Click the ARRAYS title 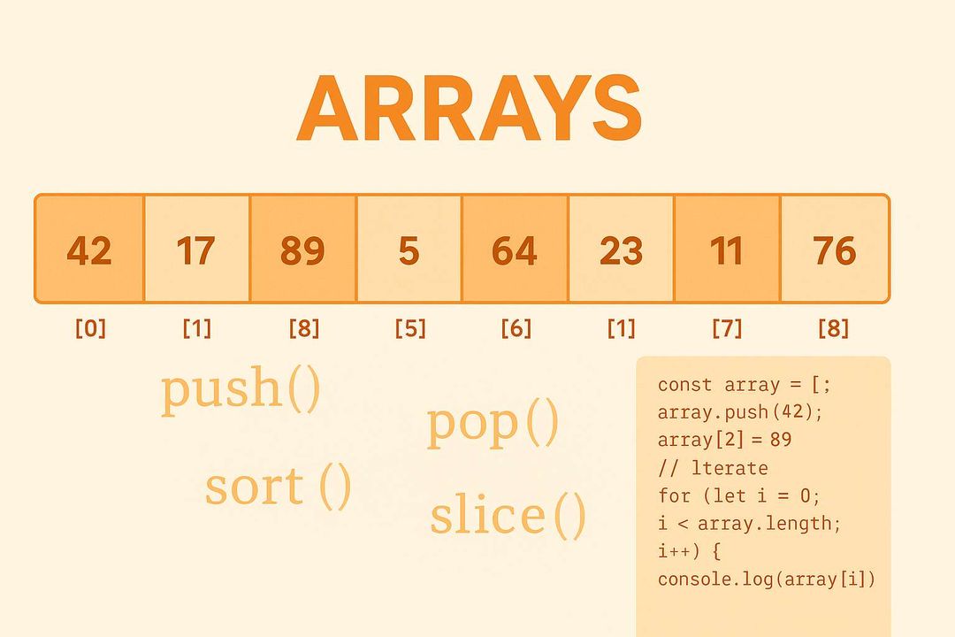(469, 108)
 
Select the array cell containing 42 (89, 250)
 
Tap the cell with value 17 (196, 250)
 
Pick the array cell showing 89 (302, 250)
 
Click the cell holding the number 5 (409, 250)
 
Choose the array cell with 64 (515, 250)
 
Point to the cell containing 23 (621, 250)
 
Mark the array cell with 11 (727, 250)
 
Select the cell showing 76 (834, 250)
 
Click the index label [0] (89, 329)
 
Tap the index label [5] (409, 329)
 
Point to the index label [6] (516, 329)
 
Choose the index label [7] (727, 329)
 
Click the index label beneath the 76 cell (833, 329)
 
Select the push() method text (241, 390)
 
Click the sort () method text (278, 487)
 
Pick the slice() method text (508, 516)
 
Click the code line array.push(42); (722, 412)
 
